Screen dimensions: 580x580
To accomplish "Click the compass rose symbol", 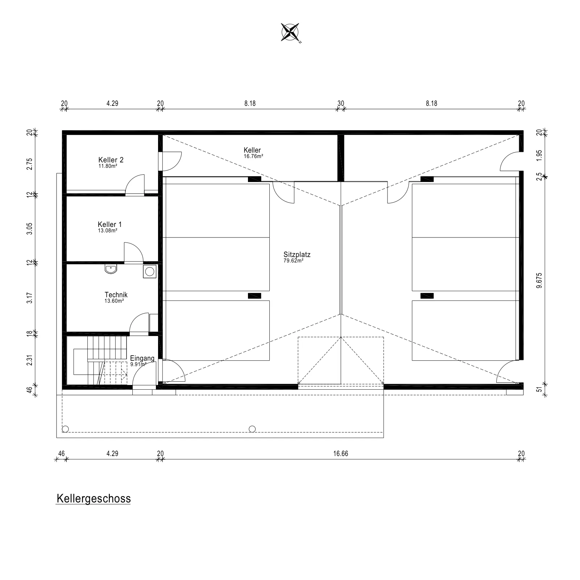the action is [290, 32].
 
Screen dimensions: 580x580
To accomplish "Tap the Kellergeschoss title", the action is [94, 499].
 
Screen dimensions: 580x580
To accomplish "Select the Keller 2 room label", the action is [111, 160].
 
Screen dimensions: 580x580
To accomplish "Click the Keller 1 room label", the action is [110, 224].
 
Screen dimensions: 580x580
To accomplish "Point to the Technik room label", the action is [116, 295].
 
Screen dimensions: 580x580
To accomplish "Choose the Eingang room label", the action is [142, 358].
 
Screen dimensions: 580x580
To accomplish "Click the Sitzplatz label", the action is [297, 254].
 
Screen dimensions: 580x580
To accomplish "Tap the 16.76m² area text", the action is [253, 156].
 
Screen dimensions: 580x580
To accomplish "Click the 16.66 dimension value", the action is [341, 453].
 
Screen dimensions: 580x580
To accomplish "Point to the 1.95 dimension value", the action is [539, 155].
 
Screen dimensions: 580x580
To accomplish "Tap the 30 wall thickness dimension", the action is [341, 103].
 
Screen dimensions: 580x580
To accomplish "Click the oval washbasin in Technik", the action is [111, 269].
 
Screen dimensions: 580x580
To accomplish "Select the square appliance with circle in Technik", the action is [149, 272].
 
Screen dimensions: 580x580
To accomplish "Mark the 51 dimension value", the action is [539, 390].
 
